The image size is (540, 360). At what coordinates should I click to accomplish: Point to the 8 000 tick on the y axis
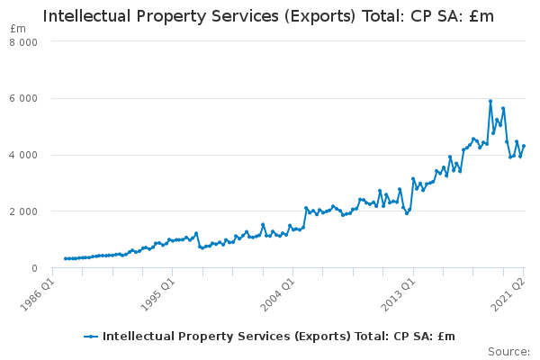[x=25, y=41]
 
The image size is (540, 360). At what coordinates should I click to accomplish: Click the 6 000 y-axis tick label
[x=25, y=98]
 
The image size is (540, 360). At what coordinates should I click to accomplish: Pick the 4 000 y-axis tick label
[x=25, y=155]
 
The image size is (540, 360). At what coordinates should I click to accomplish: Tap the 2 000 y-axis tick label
[x=25, y=211]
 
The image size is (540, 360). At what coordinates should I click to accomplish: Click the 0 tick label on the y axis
[x=34, y=268]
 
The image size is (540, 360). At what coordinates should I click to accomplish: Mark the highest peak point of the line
[x=490, y=101]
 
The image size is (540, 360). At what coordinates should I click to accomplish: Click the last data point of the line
[x=524, y=146]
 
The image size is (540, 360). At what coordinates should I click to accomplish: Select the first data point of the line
[x=66, y=258]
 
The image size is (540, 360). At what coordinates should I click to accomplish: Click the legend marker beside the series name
[x=91, y=336]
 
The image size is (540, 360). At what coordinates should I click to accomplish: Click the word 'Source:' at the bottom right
[x=508, y=351]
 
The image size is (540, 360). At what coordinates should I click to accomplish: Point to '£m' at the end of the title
[x=481, y=16]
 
